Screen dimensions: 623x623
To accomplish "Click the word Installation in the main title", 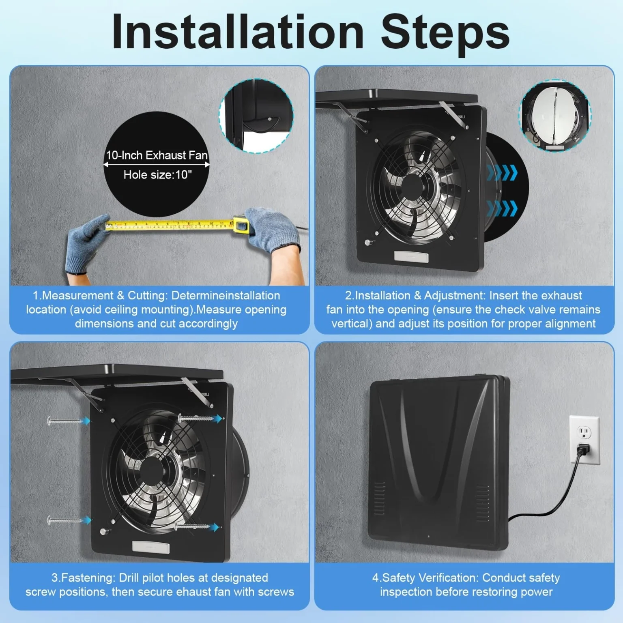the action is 238,32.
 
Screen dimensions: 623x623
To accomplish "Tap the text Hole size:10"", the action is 158,175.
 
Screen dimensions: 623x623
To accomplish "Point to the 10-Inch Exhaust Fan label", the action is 157,155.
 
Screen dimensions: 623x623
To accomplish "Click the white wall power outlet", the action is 584,440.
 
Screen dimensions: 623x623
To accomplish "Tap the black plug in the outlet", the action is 583,449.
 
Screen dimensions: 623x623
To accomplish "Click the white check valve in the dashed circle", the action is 555,116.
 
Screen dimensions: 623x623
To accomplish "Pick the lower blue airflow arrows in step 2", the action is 502,209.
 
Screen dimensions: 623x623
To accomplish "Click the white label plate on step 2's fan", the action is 411,256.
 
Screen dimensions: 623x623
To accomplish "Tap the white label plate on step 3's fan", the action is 151,547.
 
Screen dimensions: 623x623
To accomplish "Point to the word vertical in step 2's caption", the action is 352,324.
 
